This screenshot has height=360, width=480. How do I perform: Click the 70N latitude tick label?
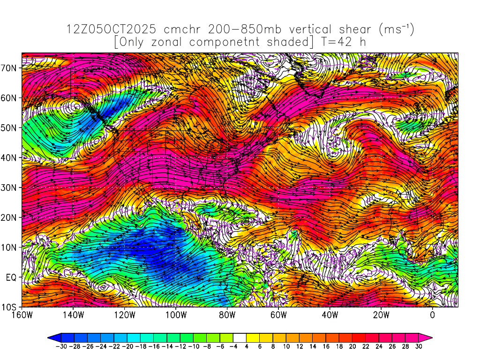click(x=10, y=67)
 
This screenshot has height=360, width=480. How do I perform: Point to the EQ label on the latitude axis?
click(x=12, y=277)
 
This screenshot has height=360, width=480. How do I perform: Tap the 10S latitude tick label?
click(x=10, y=307)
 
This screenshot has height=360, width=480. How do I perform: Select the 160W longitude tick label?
click(x=22, y=315)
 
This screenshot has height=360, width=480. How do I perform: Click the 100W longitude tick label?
click(x=176, y=315)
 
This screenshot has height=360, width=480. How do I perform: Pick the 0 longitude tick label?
click(x=432, y=315)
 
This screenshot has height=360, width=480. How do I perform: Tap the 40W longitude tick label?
click(x=330, y=315)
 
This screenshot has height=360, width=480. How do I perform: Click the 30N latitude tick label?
click(x=10, y=187)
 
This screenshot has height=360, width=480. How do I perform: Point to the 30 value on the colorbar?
click(x=419, y=346)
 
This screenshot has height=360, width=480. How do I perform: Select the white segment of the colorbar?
click(x=240, y=337)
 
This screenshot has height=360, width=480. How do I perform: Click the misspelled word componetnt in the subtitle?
click(x=240, y=42)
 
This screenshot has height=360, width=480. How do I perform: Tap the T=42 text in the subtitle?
click(x=337, y=42)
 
